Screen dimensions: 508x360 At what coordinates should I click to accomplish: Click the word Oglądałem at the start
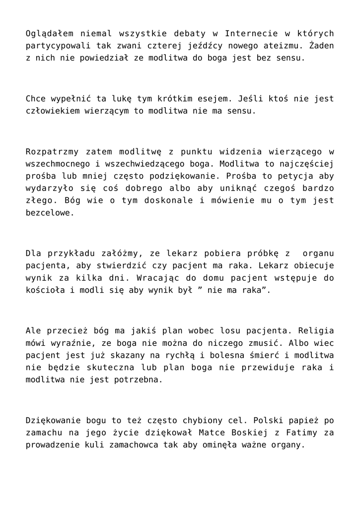click(x=49, y=34)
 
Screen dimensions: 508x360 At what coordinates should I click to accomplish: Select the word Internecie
click(x=250, y=34)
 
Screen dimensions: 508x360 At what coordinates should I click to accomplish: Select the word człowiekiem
click(x=52, y=111)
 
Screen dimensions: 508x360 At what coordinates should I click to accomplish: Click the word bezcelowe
click(x=49, y=212)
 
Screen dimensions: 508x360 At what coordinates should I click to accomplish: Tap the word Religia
click(x=315, y=330)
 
